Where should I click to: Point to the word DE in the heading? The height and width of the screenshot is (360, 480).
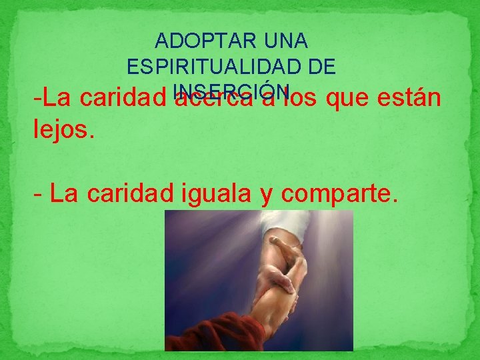(x=321, y=67)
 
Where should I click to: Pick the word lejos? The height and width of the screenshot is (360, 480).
(x=64, y=129)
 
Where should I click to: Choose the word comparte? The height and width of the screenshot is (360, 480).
(x=340, y=195)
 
